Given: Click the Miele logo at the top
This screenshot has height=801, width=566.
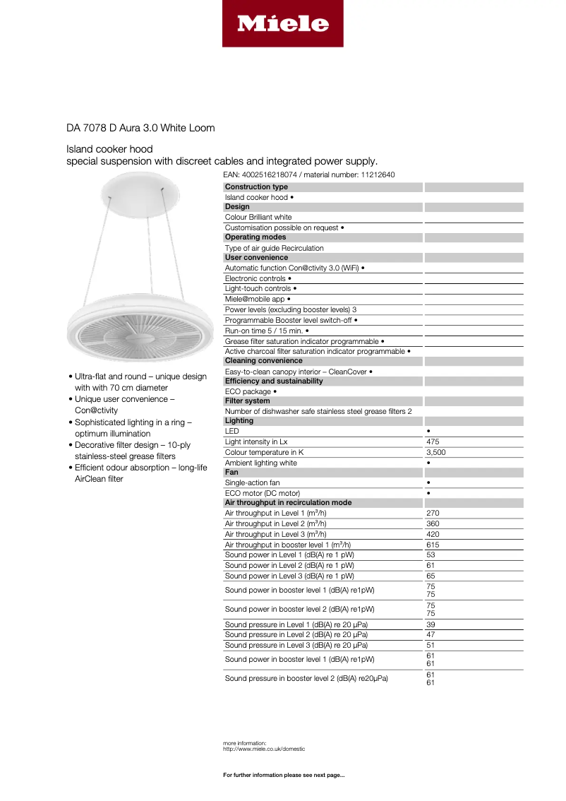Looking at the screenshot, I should [x=282, y=24].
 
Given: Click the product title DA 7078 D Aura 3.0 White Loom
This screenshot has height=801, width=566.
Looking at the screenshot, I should [x=140, y=128].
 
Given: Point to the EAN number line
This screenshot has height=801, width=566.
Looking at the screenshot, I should [x=308, y=174].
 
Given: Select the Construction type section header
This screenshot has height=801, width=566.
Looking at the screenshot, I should [x=256, y=186].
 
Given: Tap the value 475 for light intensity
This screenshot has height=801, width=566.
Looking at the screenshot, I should [x=433, y=441].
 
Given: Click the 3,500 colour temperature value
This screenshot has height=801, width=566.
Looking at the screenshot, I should [x=435, y=452].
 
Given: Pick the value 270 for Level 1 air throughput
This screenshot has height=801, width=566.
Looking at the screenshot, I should [x=433, y=514].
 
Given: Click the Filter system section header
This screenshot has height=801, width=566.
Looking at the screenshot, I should [x=247, y=401].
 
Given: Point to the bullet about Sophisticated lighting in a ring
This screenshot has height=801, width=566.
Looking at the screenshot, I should [x=133, y=428].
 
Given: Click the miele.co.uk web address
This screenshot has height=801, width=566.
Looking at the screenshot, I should [x=263, y=749].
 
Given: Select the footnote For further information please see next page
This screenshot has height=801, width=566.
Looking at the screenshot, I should [x=284, y=776].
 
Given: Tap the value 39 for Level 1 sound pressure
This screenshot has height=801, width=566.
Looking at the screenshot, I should [x=430, y=624].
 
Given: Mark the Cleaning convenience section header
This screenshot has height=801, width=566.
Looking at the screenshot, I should [x=263, y=360].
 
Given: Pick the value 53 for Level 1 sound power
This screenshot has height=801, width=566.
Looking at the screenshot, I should [x=430, y=555].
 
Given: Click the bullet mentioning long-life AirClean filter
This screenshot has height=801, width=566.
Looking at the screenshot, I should [x=140, y=473].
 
